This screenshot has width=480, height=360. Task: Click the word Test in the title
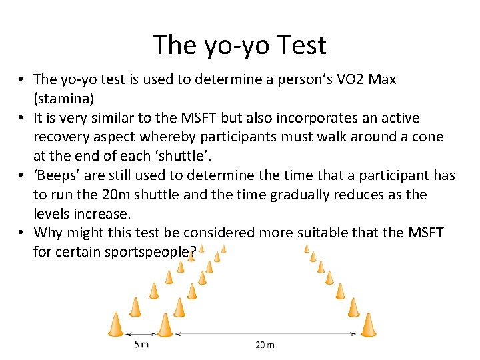[x=299, y=45]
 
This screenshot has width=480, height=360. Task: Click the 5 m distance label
[x=141, y=344]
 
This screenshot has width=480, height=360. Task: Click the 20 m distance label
[x=265, y=344]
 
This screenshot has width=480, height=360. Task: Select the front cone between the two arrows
[x=164, y=325]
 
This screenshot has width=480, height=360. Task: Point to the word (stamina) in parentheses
[x=64, y=99]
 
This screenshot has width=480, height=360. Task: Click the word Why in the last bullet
[x=49, y=233]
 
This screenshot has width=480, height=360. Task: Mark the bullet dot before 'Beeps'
[x=22, y=176]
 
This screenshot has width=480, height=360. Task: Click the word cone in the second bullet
[x=427, y=137]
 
